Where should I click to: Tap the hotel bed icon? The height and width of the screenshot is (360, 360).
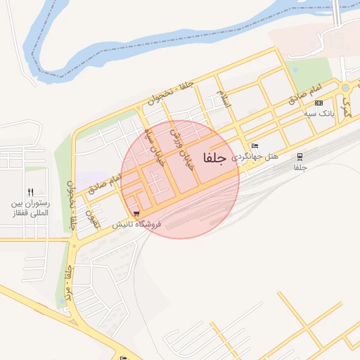(x=255, y=146)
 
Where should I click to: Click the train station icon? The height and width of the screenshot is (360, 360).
(x=300, y=157)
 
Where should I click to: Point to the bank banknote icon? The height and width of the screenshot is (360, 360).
(x=319, y=103)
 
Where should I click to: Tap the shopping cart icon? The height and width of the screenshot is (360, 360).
(x=136, y=214)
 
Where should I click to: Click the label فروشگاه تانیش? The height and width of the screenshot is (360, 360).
(x=137, y=224)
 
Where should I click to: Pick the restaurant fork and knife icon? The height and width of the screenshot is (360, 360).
(x=30, y=192)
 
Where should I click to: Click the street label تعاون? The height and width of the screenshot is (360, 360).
(x=89, y=216)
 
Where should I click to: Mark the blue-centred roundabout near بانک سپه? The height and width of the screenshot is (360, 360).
(x=345, y=88)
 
